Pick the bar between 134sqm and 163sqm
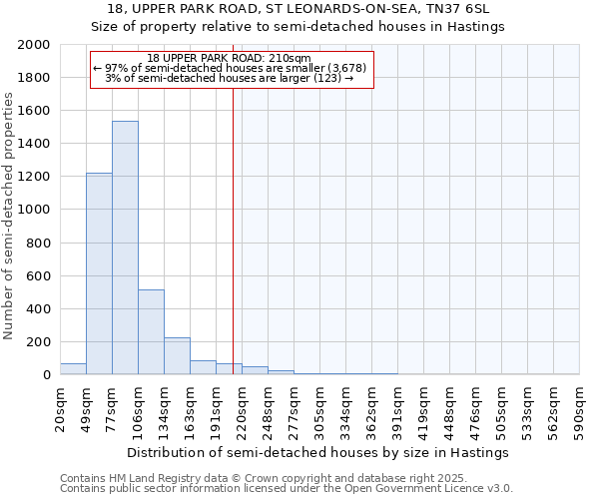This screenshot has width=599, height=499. [x=177, y=355]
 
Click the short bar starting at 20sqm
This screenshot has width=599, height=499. [x=73, y=368]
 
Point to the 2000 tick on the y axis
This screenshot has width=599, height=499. [x=35, y=45]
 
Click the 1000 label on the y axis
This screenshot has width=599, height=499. [x=35, y=210]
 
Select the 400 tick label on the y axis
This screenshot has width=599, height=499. [x=39, y=309]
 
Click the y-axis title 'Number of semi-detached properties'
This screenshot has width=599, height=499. [x=9, y=215]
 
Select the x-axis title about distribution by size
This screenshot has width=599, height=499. [x=319, y=452]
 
